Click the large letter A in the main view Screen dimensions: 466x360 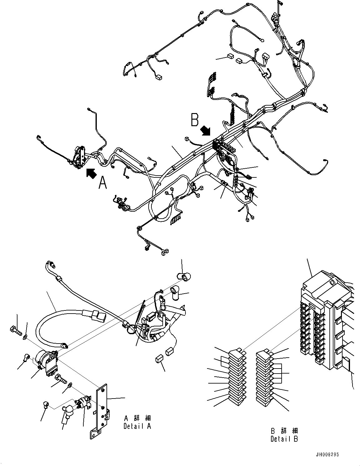coord(102,182)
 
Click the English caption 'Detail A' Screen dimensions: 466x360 coord(137,426)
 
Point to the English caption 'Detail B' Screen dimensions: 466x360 coord(284,439)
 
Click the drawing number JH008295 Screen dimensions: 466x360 coord(327,455)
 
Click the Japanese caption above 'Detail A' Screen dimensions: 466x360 coord(137,418)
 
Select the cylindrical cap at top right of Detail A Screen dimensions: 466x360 coord(184,276)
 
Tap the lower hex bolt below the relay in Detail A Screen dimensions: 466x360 coord(61,379)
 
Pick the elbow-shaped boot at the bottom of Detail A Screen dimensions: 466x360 coord(68,411)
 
